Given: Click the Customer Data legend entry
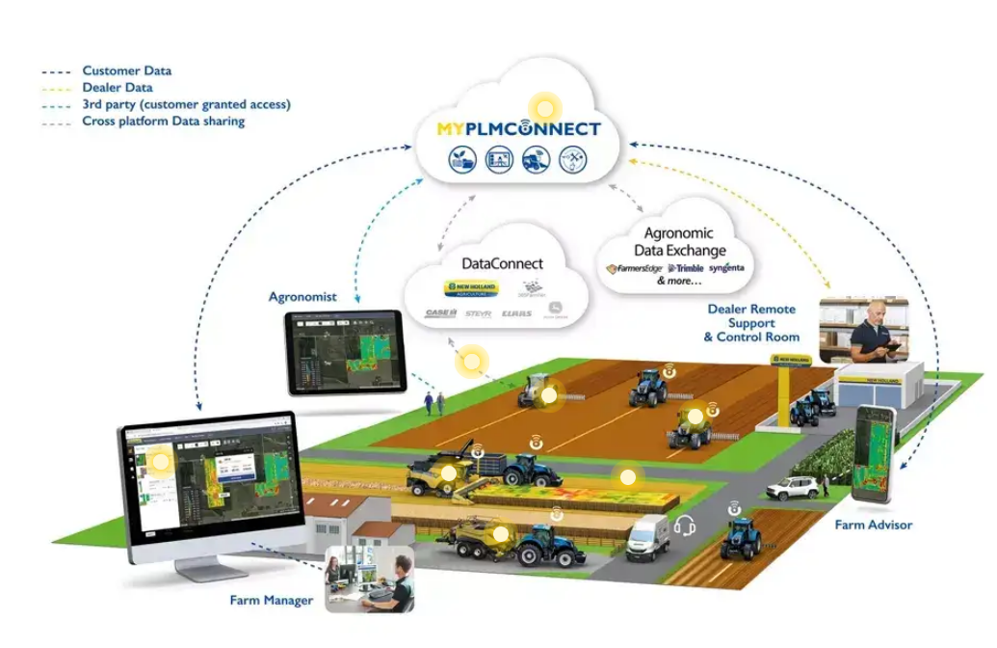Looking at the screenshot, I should point(127,71).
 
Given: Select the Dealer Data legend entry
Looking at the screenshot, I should point(118,88).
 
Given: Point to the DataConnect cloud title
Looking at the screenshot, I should point(503,263).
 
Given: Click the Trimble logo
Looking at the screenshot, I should point(685,268).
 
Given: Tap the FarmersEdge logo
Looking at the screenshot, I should point(638,268).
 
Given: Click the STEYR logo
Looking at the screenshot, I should point(478,313).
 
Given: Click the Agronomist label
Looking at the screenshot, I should point(302,297).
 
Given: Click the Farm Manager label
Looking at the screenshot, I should point(271,601).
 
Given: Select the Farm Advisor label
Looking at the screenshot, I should point(874,525).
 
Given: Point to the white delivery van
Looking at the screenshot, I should point(647,538).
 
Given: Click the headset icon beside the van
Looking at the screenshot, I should point(685,526).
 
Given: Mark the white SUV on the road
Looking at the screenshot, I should point(793,488).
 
